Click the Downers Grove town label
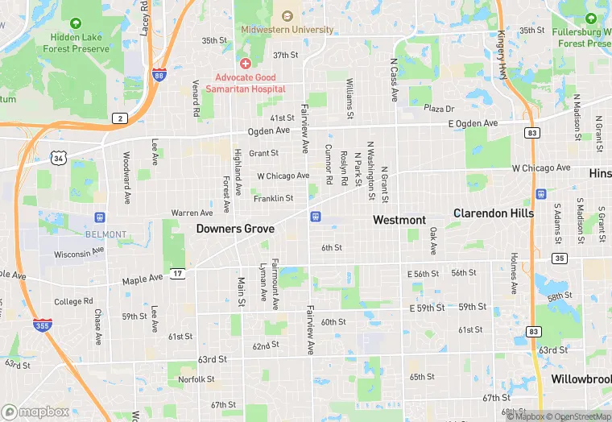[235, 230]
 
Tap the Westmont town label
[399, 220]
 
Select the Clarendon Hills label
[494, 213]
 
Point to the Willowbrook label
[581, 379]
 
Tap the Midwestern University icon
[287, 15]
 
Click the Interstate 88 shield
[159, 76]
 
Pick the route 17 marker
[177, 275]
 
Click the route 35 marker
[559, 259]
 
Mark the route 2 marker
[120, 118]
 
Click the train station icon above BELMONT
[99, 217]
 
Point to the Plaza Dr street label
[439, 109]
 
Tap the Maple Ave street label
[142, 279]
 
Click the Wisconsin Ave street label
[79, 253]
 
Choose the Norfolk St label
[196, 379]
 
